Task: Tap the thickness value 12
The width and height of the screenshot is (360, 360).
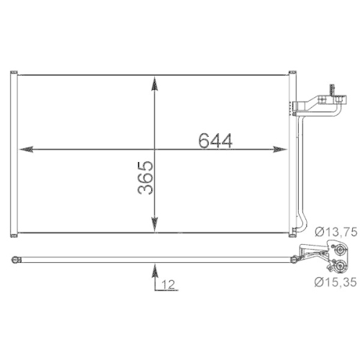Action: click(x=168, y=286)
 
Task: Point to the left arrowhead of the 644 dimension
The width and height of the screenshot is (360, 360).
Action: click(x=27, y=150)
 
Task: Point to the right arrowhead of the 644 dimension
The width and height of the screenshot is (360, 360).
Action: click(x=281, y=150)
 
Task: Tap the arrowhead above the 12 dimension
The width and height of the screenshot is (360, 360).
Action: click(x=154, y=271)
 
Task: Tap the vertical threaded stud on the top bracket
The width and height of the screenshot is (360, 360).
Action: click(x=332, y=88)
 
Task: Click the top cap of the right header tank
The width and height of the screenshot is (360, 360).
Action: click(x=292, y=72)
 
